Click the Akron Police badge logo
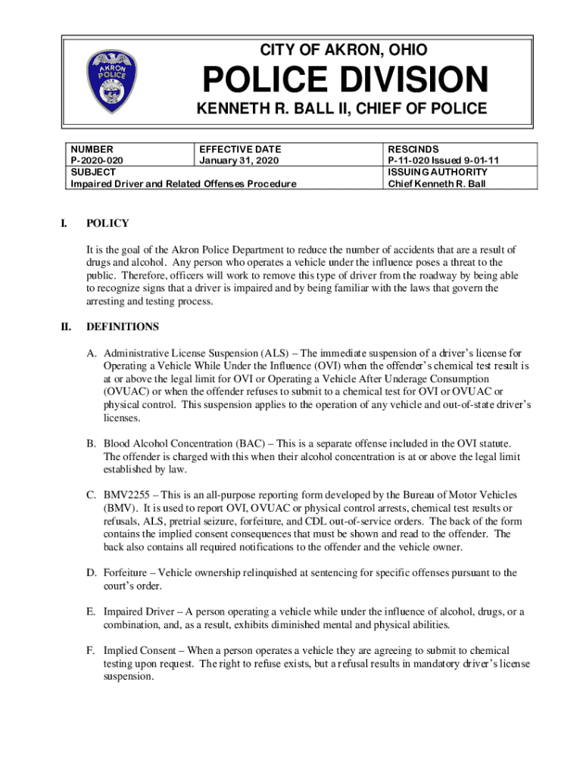tap(113, 82)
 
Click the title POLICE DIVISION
tap(343, 80)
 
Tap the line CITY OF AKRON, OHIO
tap(343, 51)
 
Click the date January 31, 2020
tap(238, 160)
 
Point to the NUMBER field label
tap(92, 150)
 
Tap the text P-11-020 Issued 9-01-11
tap(443, 160)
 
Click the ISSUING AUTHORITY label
tap(438, 172)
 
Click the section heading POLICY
tap(108, 223)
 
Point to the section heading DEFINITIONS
tap(123, 327)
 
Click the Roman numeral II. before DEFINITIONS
tap(66, 327)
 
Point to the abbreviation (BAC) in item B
tap(251, 444)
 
